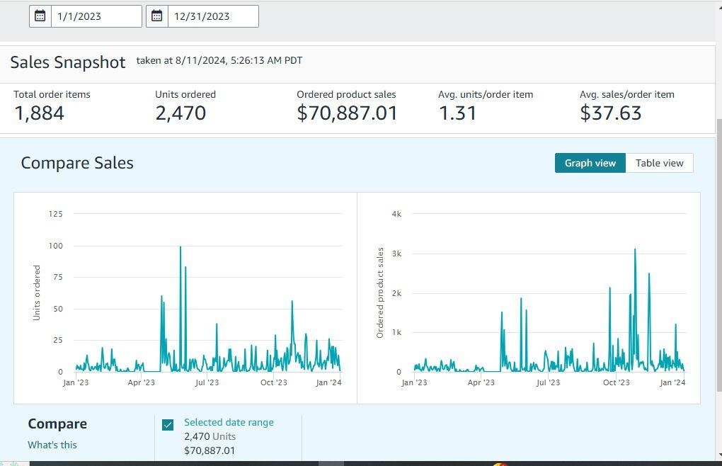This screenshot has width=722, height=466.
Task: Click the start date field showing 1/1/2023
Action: [x=96, y=16]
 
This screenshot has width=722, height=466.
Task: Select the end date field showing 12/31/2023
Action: [x=212, y=16]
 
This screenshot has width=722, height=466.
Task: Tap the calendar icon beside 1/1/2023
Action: [x=40, y=16]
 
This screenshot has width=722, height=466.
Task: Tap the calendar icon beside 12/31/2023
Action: [x=157, y=16]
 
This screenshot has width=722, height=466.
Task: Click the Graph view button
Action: [x=590, y=163]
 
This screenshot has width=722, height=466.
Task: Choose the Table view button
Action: [x=659, y=163]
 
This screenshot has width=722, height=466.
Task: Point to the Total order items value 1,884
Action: [x=39, y=113]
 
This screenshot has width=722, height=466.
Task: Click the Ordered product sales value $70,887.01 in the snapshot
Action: [x=347, y=113]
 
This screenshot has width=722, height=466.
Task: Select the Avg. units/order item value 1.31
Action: [x=457, y=113]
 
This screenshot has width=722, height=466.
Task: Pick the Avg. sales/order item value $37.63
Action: [x=610, y=113]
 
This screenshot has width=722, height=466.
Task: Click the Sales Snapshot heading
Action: [x=68, y=62]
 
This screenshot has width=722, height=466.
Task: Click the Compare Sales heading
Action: [x=77, y=163]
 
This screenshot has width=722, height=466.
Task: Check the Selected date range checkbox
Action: [x=168, y=425]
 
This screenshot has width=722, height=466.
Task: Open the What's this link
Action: [x=52, y=445]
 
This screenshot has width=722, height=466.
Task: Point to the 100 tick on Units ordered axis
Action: [x=55, y=246]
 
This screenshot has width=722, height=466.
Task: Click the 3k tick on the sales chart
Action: [x=396, y=254]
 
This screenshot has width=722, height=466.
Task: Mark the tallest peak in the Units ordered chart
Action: [x=180, y=247]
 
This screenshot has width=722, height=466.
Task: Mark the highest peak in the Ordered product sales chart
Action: [x=635, y=249]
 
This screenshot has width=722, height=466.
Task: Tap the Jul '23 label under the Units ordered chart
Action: [x=207, y=383]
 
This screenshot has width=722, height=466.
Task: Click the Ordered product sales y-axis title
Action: [x=380, y=292]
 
